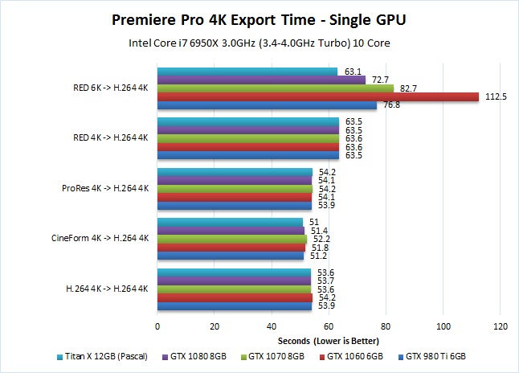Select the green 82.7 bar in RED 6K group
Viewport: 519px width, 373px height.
275,88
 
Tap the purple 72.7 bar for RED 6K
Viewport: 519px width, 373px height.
261,80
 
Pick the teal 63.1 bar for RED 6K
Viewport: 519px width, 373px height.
247,71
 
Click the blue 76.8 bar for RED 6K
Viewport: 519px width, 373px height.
267,105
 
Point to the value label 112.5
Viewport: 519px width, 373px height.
495,96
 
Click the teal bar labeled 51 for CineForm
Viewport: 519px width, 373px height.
230,222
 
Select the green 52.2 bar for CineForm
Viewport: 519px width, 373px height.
231,239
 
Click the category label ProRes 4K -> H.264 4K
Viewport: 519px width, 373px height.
104,188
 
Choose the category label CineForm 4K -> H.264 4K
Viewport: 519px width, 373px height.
100,238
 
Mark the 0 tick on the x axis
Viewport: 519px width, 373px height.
157,326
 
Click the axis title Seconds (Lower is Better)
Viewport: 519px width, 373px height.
329,341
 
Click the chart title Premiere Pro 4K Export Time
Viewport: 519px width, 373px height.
259,18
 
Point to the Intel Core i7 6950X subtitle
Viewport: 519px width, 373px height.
259,42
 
